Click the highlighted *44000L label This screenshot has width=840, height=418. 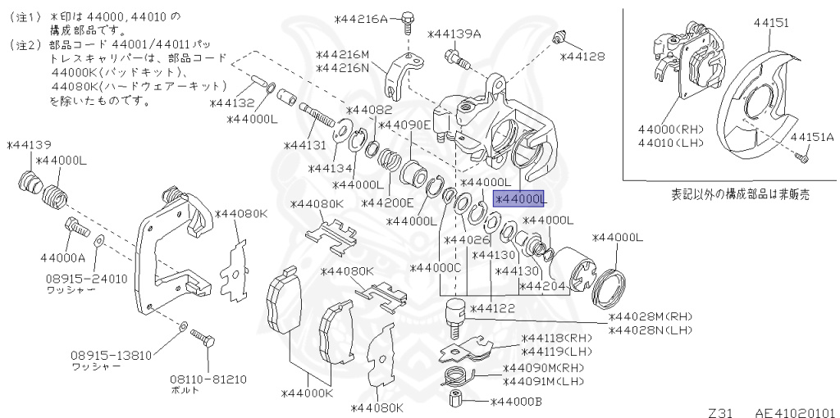[519, 199]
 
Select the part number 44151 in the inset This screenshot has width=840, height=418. [771, 23]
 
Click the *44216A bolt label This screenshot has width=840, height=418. [361, 20]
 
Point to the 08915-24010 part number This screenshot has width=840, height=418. [86, 279]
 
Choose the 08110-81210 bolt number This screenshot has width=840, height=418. [208, 379]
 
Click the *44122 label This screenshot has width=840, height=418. [492, 308]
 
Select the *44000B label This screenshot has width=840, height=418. [517, 402]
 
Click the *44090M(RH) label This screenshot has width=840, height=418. [543, 368]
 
